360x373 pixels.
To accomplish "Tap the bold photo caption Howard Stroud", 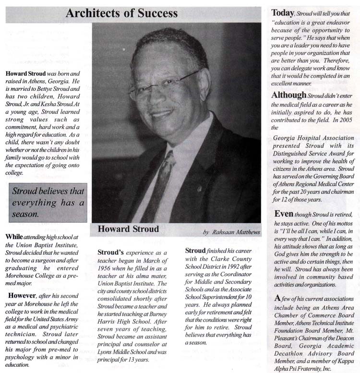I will click(128, 229).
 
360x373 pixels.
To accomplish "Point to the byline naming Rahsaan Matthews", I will click(231, 232).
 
